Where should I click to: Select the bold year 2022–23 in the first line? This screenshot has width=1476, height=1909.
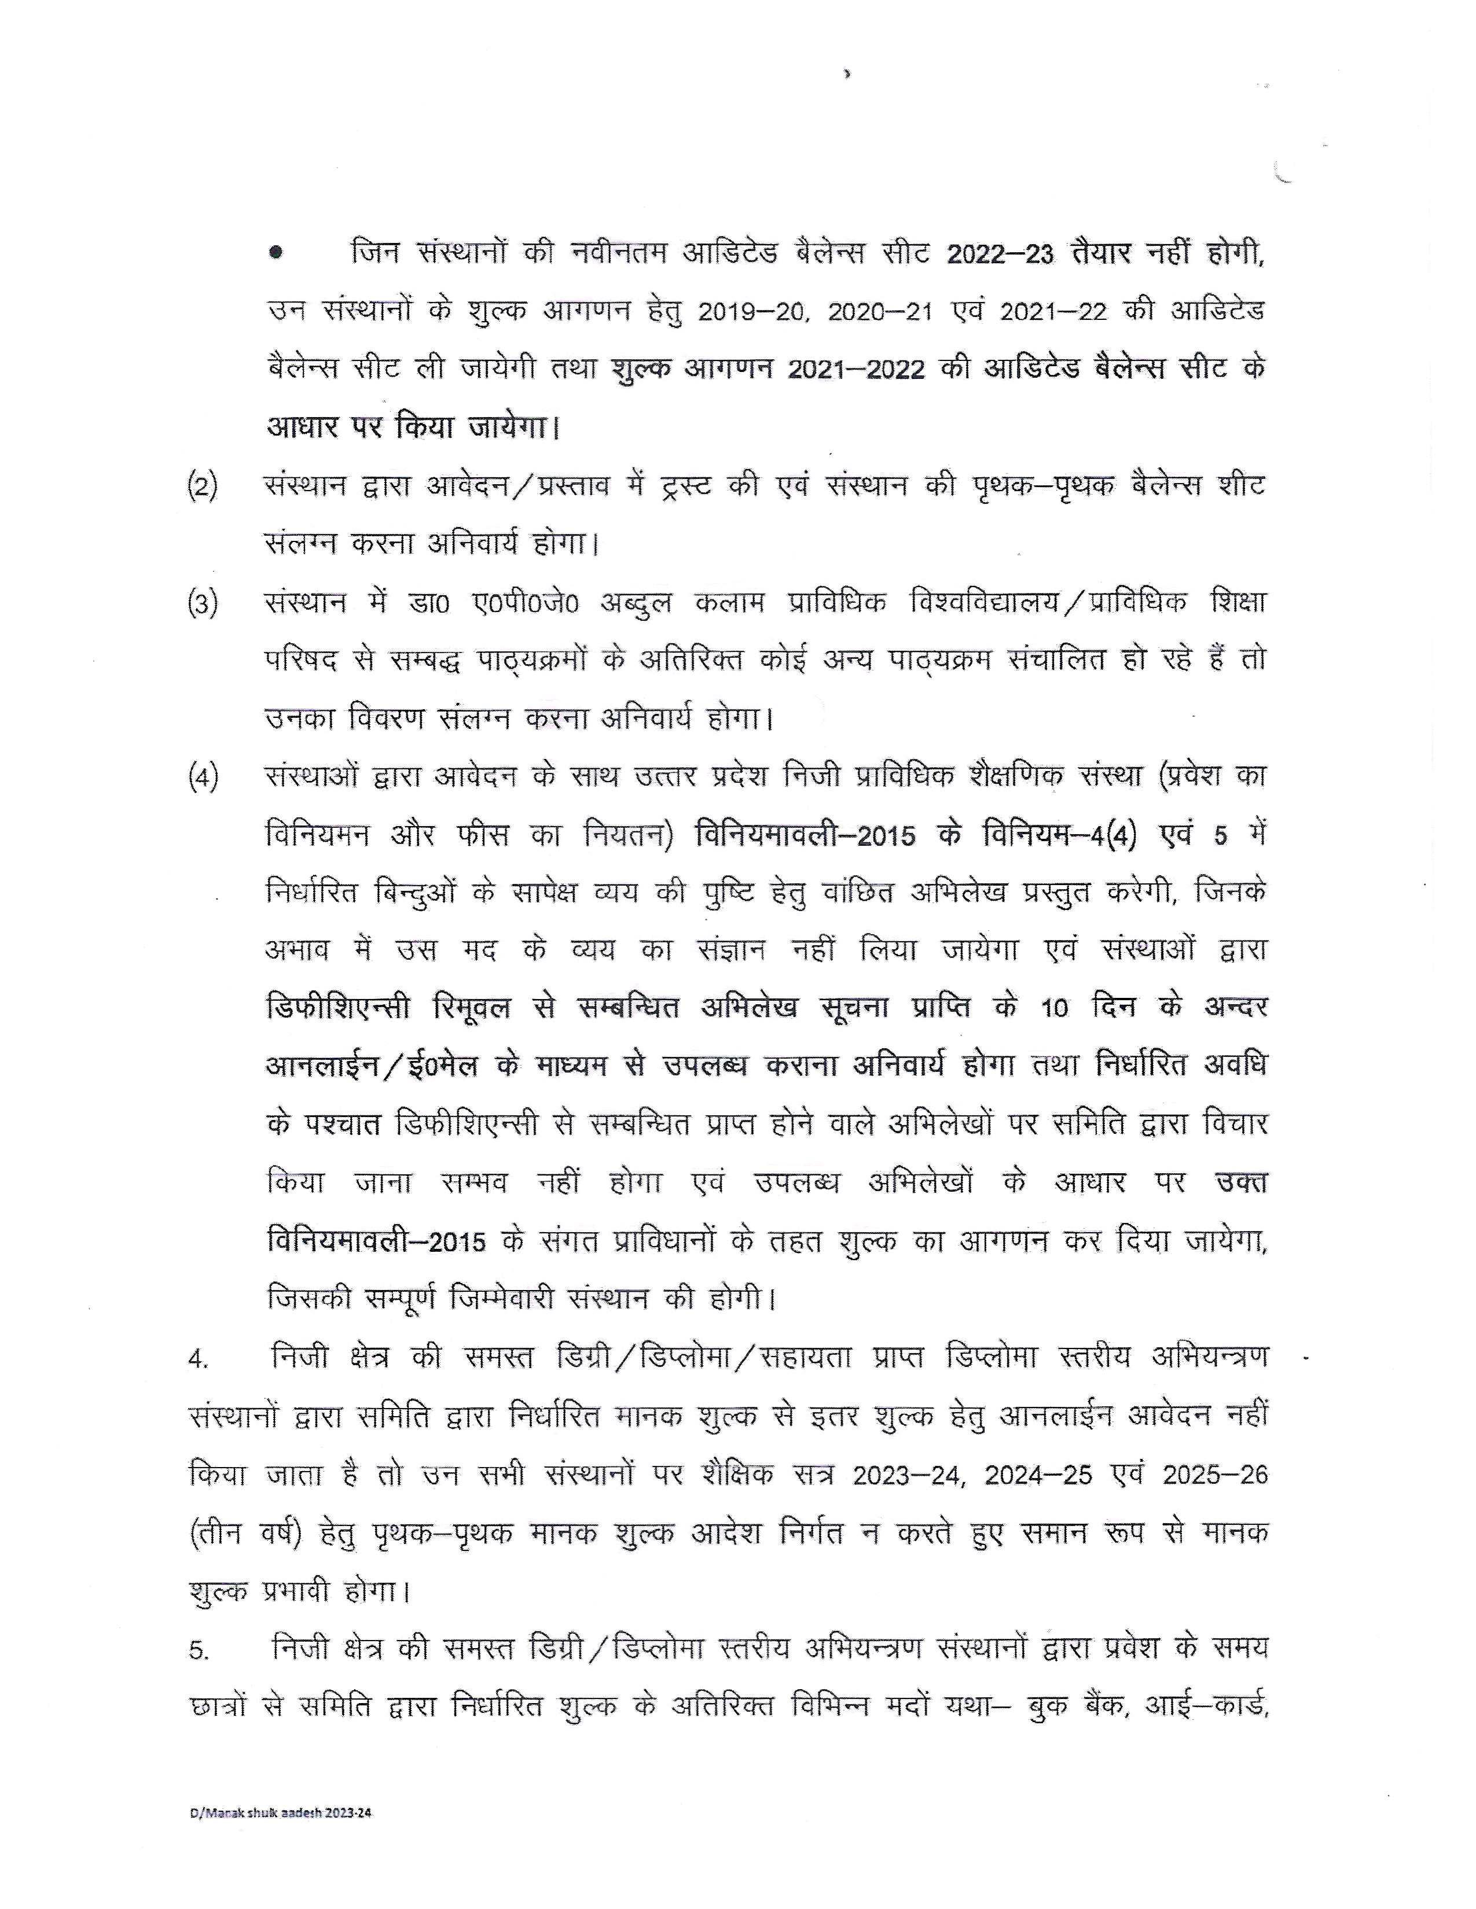click(1000, 255)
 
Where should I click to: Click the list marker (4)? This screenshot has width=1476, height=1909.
click(203, 777)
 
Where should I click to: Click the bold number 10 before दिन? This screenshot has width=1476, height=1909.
click(1055, 1009)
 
